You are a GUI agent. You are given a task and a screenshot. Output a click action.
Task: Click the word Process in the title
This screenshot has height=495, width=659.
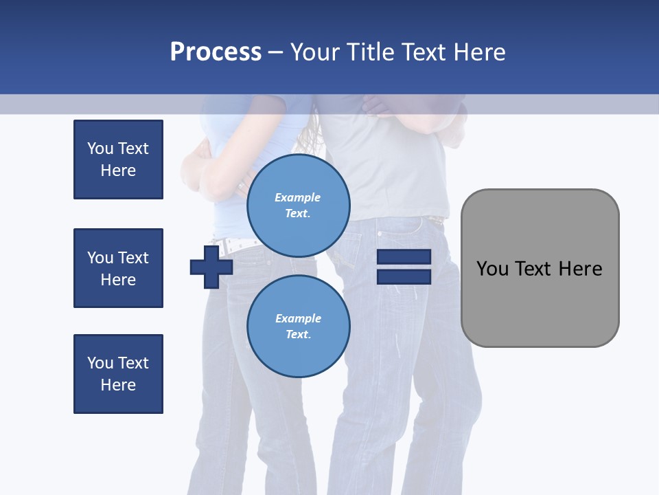216,52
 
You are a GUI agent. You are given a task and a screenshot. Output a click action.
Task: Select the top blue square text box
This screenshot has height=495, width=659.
118,159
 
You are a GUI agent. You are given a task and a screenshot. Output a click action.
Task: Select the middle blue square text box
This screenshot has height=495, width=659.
118,268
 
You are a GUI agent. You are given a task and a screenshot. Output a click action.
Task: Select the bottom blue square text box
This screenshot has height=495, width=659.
118,374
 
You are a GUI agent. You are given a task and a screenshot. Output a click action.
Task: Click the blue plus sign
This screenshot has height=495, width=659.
211,267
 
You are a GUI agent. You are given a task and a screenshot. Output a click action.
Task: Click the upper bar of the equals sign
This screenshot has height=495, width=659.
404,257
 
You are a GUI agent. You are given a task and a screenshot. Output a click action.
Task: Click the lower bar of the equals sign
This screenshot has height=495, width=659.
404,277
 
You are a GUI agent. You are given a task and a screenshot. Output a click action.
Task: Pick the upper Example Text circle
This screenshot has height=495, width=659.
298,205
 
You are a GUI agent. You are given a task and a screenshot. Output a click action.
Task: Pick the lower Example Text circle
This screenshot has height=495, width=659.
298,326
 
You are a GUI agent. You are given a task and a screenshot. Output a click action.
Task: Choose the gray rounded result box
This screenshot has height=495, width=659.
540,268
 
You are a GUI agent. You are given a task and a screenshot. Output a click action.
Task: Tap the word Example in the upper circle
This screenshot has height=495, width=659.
298,197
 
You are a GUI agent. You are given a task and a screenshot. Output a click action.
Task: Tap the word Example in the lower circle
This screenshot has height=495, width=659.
298,318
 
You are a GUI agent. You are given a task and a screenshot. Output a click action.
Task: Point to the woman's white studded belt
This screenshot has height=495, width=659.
237,244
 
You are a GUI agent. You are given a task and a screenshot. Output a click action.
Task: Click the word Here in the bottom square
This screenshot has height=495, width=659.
118,385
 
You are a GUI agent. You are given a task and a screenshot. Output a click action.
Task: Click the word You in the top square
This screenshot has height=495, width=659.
100,148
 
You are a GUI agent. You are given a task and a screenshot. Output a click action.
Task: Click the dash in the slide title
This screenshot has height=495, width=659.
275,52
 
